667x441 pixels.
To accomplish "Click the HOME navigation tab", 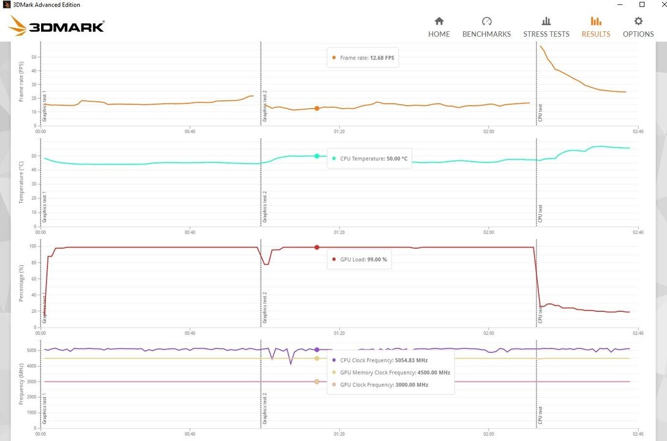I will coord(439,28).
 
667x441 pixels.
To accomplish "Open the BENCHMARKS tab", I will coord(486,28).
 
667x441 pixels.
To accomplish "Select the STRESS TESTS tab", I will coord(546,28).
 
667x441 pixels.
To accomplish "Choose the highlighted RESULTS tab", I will coord(595,28).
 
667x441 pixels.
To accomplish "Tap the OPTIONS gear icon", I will coord(638,21).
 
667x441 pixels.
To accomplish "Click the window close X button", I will coord(658,5).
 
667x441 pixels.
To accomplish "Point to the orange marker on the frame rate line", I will coord(317,108).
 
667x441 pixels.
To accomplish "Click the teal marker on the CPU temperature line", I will coord(317,156).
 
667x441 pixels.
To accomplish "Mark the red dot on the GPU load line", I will coord(317,247).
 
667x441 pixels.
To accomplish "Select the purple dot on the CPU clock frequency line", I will coord(317,350).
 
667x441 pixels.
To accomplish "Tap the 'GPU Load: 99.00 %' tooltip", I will coord(363,259).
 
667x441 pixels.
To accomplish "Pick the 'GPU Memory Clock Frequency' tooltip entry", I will coord(395,372).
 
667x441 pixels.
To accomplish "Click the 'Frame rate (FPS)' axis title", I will coord(21,81).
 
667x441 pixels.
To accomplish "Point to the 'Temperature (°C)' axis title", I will coord(21,182).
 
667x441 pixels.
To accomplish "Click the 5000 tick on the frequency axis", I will coord(31,351).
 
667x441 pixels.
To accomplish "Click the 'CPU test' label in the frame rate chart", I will coord(540,113).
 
